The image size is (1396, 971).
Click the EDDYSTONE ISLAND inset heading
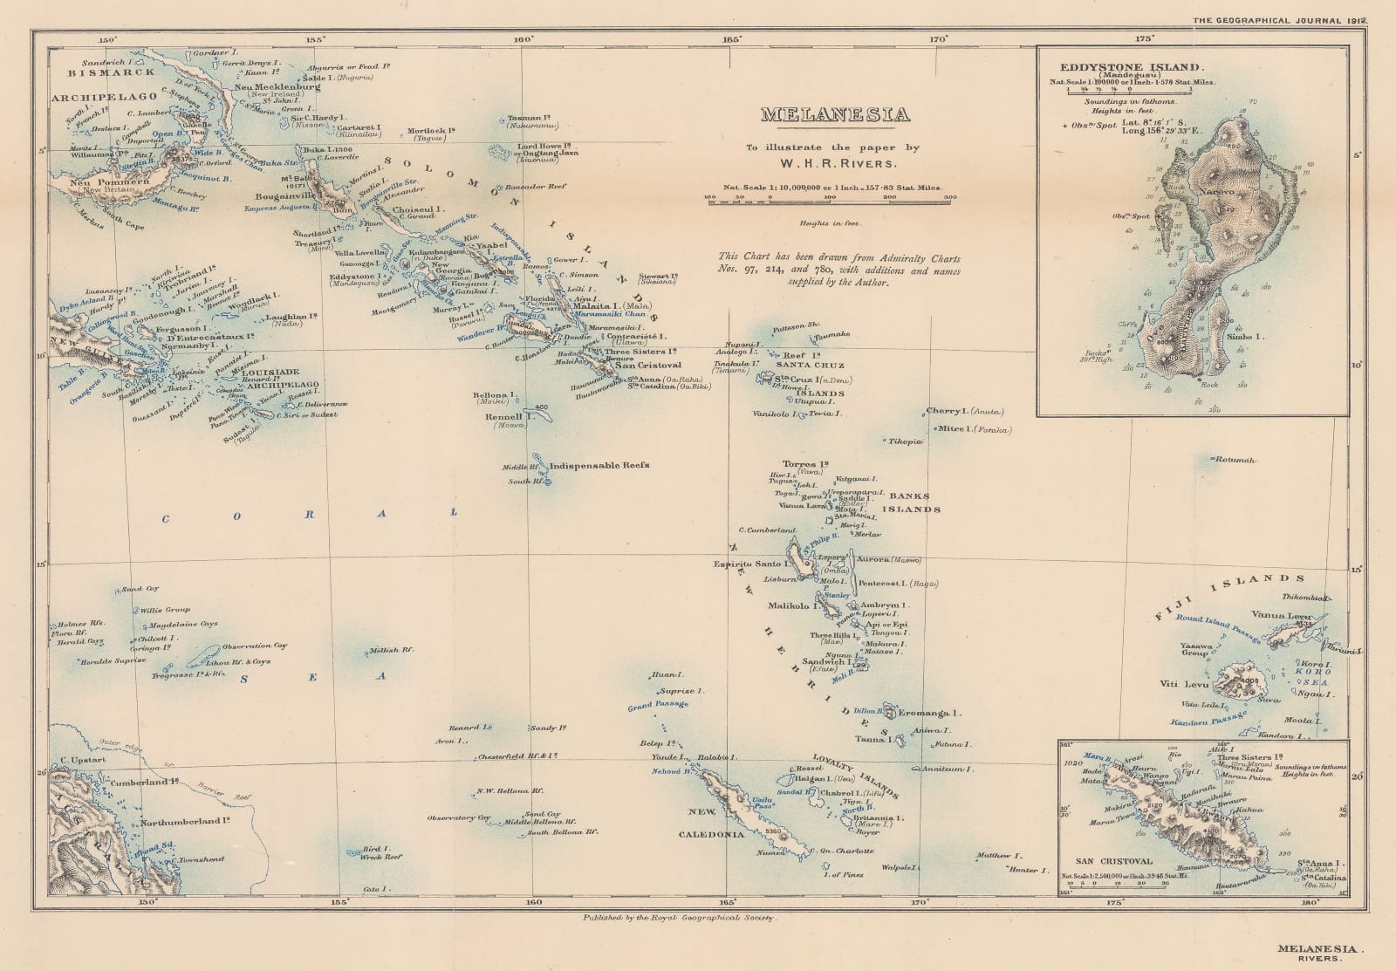tap(1133, 66)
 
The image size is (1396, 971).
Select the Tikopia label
tap(905, 442)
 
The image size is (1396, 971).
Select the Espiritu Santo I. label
tap(751, 564)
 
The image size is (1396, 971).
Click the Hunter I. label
tap(1023, 870)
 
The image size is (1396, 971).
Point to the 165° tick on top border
tap(731, 38)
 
